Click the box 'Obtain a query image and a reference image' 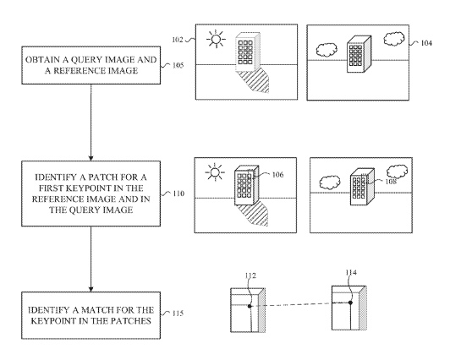pos(91,65)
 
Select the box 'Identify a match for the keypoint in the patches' pos(91,315)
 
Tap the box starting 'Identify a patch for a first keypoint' pos(91,194)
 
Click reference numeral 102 pos(178,40)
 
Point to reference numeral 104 pos(426,43)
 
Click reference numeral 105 pos(178,65)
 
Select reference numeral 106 pos(277,175)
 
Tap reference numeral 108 pos(391,182)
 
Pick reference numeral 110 pos(178,194)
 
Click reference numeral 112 pos(250,275)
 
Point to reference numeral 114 pos(351,272)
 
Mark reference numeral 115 pos(178,314)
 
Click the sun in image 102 pos(216,39)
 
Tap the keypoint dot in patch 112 pos(250,306)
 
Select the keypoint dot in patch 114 pos(350,303)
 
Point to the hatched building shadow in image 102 pos(255,81)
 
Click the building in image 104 pos(359,54)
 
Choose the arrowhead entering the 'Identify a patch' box pos(91,158)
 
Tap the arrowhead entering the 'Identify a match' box pos(91,289)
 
